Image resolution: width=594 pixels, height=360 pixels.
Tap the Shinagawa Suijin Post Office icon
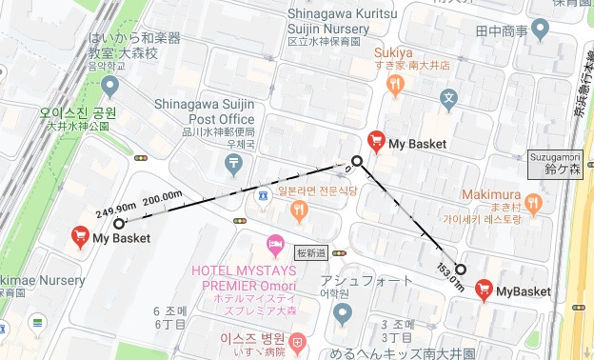(234, 164)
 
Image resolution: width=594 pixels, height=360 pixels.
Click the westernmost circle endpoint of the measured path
(119, 224)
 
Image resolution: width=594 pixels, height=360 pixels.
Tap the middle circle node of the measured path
(357, 161)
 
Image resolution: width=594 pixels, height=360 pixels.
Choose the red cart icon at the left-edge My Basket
(80, 237)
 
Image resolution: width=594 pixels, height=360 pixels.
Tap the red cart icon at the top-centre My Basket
(376, 143)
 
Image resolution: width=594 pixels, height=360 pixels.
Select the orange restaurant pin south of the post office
(300, 210)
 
